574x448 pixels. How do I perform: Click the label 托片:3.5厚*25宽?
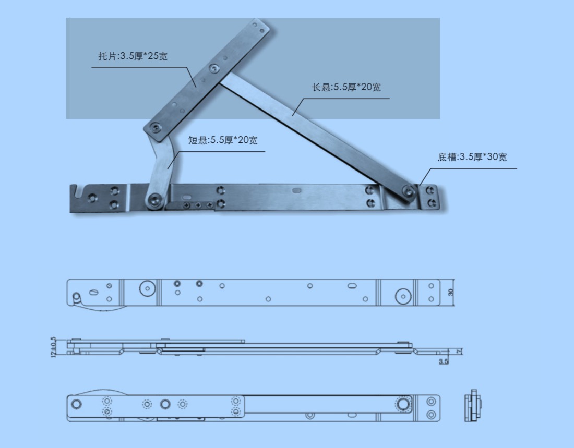point(133,56)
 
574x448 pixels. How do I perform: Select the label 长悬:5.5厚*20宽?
point(346,87)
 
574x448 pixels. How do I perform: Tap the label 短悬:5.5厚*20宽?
point(223,140)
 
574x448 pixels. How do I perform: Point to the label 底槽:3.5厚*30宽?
point(472,156)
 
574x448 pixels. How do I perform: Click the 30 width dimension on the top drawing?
point(451,293)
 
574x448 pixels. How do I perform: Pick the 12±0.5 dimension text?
point(53,347)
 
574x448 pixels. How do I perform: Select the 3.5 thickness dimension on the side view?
point(444,361)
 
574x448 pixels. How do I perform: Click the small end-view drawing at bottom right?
point(473,406)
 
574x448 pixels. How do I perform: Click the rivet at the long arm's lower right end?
point(409,190)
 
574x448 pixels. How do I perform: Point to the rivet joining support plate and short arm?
point(157,127)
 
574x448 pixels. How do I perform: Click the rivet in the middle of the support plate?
point(213,68)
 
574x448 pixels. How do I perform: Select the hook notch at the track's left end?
point(76,191)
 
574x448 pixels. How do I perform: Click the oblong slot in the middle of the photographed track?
point(297,190)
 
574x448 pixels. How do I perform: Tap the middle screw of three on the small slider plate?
point(198,205)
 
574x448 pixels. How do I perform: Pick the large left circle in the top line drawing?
point(148,288)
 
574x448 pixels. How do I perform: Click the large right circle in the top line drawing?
point(403,296)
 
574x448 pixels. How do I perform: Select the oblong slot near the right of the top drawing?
point(352,285)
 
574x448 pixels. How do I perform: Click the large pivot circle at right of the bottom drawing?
point(403,404)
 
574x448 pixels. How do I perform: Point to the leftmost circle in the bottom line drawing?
point(76,404)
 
